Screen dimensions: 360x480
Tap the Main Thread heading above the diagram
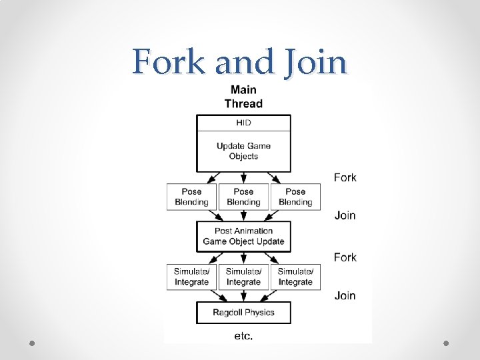[x=243, y=96]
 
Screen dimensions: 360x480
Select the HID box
[x=243, y=123]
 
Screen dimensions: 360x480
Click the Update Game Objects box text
[x=243, y=151]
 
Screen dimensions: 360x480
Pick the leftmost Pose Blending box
[x=191, y=197]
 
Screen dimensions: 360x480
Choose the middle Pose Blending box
[x=243, y=197]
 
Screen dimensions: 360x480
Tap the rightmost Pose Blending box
[x=295, y=197]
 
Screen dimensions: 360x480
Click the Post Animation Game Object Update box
[x=243, y=236]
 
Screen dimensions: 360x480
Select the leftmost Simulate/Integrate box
[x=191, y=277]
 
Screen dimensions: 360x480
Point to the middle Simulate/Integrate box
[x=243, y=277]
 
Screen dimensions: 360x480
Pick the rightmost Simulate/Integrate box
[x=295, y=277]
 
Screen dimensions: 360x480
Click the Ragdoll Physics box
[x=243, y=312]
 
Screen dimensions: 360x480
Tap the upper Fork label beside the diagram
[x=345, y=177]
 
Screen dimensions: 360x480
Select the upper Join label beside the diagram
[x=345, y=215]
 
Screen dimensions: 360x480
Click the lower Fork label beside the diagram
[x=345, y=257]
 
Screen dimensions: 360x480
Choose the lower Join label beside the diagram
[x=345, y=295]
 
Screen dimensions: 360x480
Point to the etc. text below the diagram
[x=243, y=336]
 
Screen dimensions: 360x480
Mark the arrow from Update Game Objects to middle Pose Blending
[x=243, y=177]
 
